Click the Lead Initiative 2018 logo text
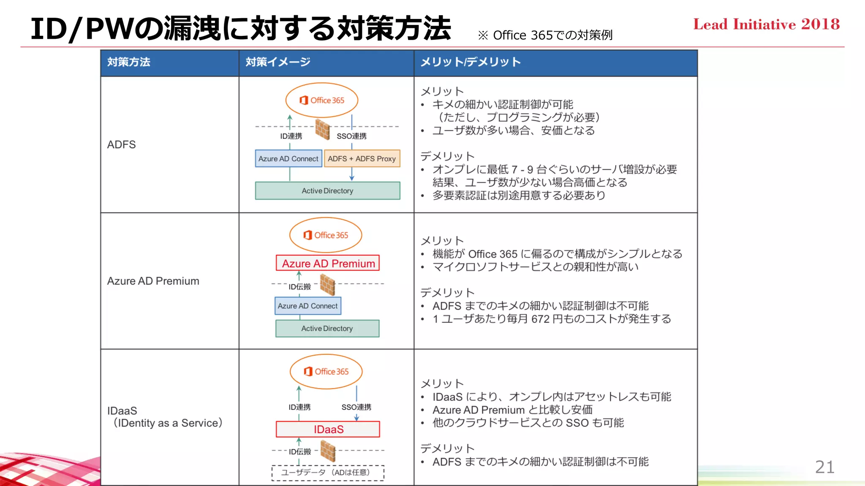(766, 24)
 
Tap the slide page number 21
(824, 467)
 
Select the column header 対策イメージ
(278, 62)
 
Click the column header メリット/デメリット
(470, 62)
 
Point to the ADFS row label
(122, 145)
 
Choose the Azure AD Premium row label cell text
(153, 281)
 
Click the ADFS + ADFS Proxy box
(362, 159)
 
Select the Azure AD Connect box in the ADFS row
(288, 159)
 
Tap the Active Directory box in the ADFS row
(327, 191)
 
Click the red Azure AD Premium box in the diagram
(328, 263)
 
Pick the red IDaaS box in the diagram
(328, 429)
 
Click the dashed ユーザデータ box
(328, 472)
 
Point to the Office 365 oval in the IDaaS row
(326, 371)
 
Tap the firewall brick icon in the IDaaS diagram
(328, 451)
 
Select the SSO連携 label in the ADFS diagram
(351, 136)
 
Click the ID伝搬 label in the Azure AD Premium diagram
(299, 287)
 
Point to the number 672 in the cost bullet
(540, 319)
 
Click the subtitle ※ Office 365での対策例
(545, 35)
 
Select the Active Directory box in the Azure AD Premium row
(327, 328)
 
